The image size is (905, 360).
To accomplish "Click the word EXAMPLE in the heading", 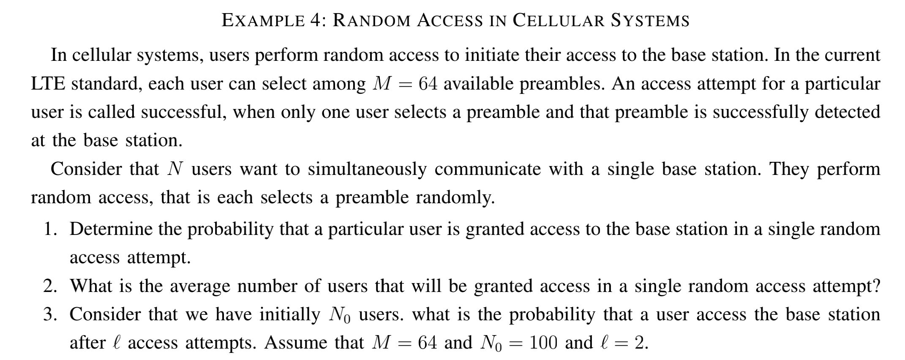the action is [262, 21].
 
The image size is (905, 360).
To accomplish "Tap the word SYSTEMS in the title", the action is [650, 21].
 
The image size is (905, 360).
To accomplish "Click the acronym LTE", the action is [48, 84].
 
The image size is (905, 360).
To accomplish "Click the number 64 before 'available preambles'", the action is [428, 84].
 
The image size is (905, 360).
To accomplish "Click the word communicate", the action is [488, 169].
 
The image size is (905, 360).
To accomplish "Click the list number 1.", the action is [49, 229].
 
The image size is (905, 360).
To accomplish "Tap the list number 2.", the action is [49, 286].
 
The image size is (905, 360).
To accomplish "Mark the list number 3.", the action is [49, 315].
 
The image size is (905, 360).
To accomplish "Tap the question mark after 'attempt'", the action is [876, 286].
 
